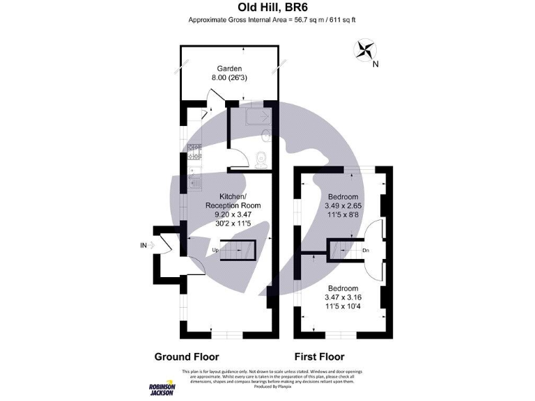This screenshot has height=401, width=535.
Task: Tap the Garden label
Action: click(229, 68)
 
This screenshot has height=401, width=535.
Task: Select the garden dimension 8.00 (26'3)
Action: click(229, 78)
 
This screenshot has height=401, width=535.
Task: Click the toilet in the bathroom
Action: click(261, 158)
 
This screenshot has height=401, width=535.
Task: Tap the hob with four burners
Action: click(194, 151)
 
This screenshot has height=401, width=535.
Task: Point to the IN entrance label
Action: click(144, 245)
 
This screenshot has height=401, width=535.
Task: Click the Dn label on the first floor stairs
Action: click(365, 250)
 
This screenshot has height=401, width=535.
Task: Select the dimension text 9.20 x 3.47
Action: click(233, 215)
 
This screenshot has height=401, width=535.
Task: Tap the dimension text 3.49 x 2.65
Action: click(343, 206)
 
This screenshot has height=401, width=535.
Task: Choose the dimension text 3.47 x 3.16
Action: click(343, 297)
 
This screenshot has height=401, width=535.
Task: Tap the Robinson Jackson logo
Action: click(162, 391)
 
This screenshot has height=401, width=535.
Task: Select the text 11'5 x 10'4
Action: click(343, 307)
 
